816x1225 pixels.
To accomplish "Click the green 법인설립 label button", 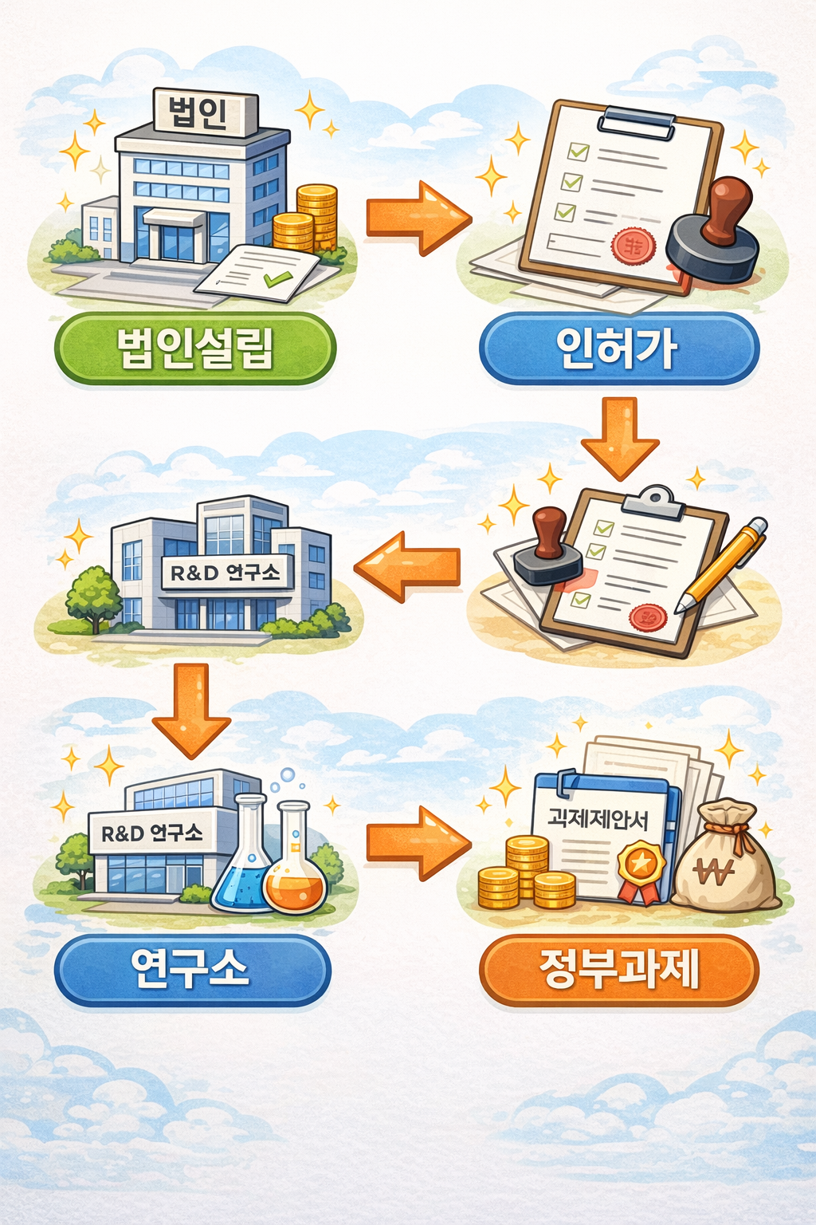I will [x=195, y=349].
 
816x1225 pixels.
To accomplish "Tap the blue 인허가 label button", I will [x=618, y=349].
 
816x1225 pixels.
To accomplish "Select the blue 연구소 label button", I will [x=192, y=970].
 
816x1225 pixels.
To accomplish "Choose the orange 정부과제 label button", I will [x=618, y=970].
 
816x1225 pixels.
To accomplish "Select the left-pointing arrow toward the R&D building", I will [x=407, y=565].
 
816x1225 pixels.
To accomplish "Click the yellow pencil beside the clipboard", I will [x=722, y=565].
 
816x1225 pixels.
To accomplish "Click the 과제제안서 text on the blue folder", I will [x=598, y=819].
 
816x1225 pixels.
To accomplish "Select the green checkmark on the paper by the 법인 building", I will [x=277, y=278].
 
